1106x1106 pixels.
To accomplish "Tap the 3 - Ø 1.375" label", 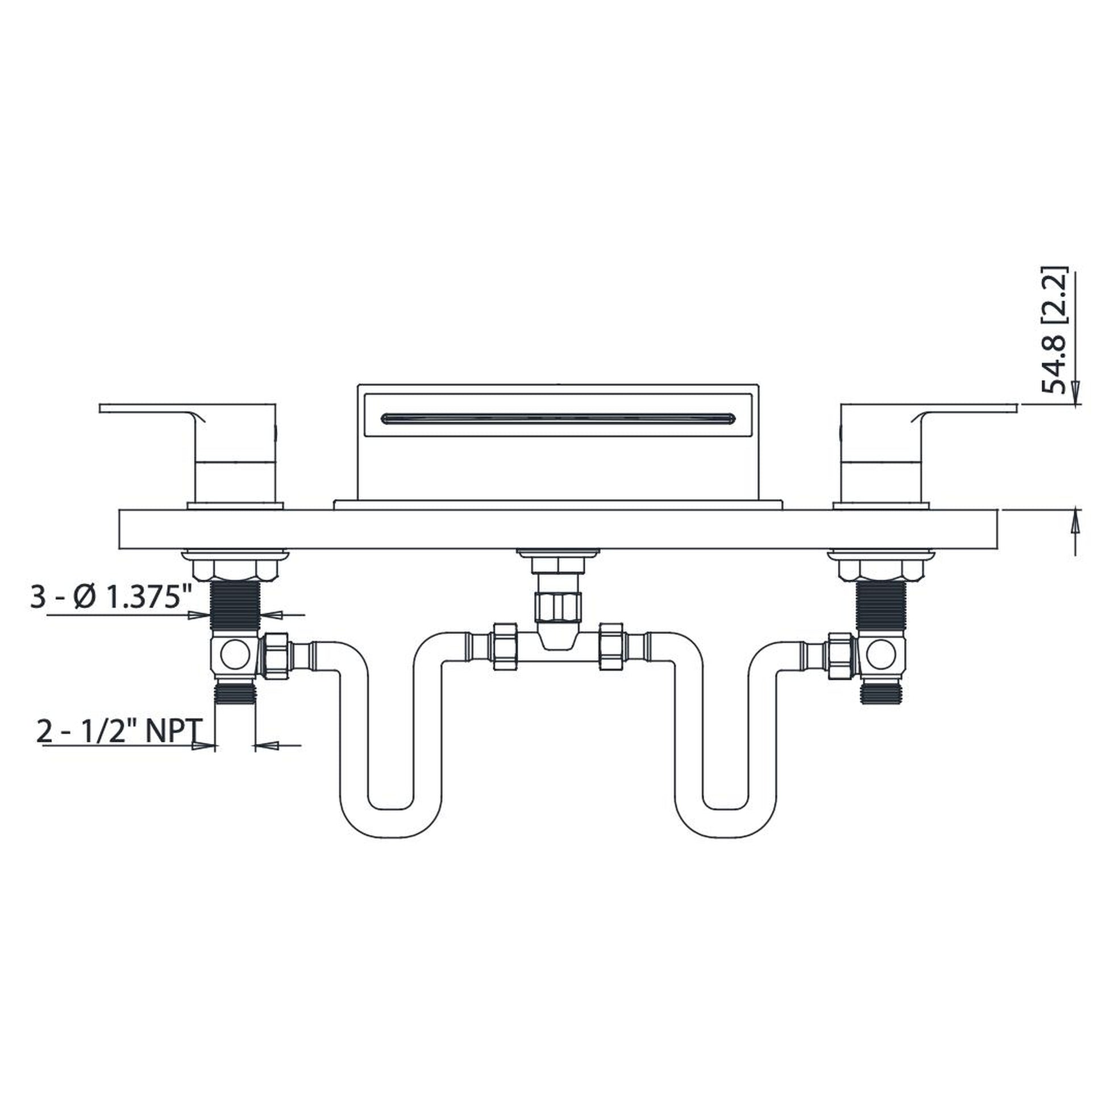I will coord(110,600).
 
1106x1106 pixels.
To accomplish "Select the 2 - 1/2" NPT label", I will coord(119,731).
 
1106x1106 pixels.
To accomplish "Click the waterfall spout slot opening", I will coord(558,418).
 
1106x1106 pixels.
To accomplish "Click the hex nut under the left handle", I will coord(235,570).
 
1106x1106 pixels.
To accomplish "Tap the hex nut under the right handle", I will coord(882,570).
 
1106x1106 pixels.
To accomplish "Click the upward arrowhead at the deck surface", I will coord(1075,520).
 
